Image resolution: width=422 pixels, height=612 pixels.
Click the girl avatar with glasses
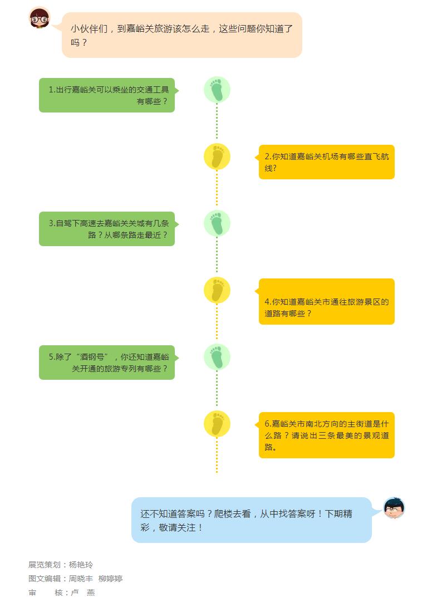(40, 18)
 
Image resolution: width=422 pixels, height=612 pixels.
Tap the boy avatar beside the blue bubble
(394, 508)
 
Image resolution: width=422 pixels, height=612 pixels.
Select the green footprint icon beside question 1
(217, 90)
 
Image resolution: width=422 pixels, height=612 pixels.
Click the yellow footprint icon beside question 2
(217, 156)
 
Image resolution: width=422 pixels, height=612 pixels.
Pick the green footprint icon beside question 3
(217, 223)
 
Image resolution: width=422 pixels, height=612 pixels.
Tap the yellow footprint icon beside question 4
(217, 290)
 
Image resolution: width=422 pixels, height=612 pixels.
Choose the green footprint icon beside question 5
(217, 357)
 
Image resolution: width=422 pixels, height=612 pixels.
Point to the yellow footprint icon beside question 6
(217, 423)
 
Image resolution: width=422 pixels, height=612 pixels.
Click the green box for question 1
(107, 95)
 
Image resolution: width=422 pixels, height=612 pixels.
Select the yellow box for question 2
(326, 162)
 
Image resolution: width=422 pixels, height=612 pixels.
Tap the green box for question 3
(107, 229)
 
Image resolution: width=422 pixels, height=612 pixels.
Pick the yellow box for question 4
(326, 301)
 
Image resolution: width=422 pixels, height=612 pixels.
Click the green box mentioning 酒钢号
(107, 362)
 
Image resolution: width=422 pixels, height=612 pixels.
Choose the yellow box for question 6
(326, 435)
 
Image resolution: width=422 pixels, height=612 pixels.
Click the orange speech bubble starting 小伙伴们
(182, 35)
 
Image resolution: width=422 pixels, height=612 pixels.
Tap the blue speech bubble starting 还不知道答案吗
(252, 520)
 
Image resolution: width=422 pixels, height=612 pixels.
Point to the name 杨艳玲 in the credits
(81, 565)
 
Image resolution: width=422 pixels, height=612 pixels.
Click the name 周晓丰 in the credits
(81, 579)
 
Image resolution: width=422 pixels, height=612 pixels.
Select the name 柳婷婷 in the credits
(110, 579)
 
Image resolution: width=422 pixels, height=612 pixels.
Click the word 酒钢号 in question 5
(92, 357)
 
